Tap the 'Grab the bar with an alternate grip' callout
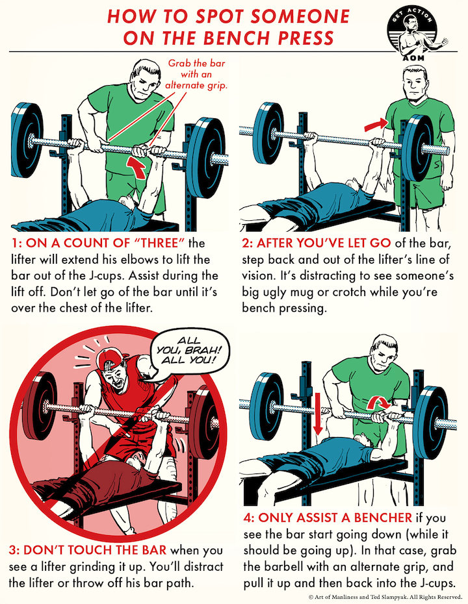(196, 74)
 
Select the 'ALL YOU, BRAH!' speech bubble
(189, 351)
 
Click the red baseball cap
(110, 358)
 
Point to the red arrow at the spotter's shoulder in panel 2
(376, 124)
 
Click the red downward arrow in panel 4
(317, 413)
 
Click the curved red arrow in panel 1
(138, 168)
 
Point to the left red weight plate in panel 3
(41, 406)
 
